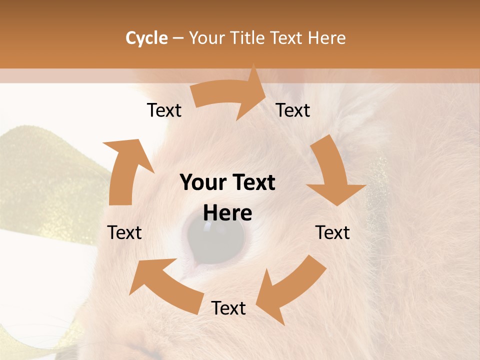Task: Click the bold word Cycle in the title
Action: (146, 38)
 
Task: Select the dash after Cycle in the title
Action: (178, 38)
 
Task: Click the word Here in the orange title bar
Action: (327, 38)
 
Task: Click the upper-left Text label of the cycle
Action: (164, 110)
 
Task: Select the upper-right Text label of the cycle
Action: (293, 110)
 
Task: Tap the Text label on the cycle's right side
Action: (332, 232)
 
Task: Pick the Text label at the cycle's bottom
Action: (228, 308)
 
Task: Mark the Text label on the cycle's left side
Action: (124, 232)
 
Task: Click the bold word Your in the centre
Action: (203, 183)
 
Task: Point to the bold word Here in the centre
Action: (227, 213)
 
